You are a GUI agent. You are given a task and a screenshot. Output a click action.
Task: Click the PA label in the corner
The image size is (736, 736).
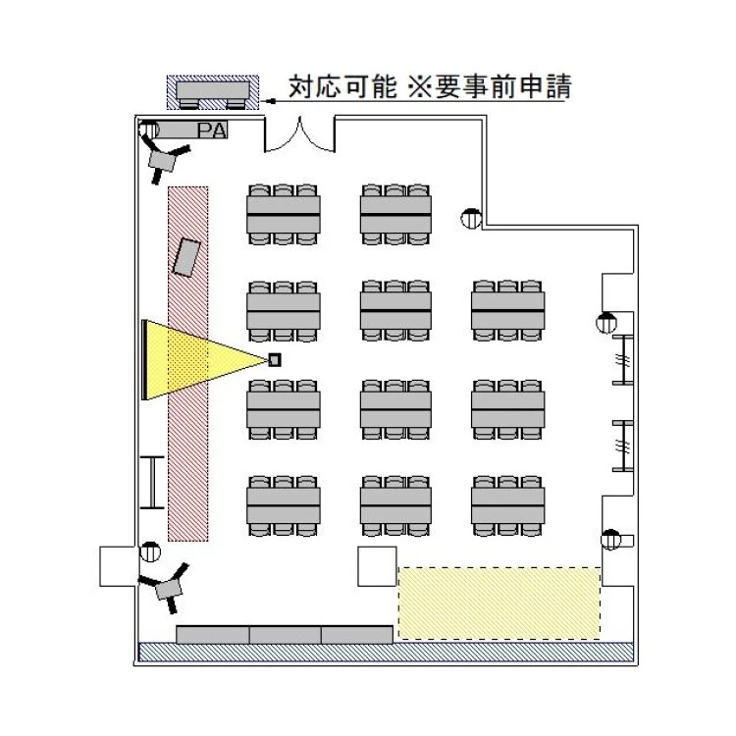212,131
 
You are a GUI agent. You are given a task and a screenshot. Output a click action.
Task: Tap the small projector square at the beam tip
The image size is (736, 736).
275,360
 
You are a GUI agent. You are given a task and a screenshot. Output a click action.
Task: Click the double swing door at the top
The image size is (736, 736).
300,134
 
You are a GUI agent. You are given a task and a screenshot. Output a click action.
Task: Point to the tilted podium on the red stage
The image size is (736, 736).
186,257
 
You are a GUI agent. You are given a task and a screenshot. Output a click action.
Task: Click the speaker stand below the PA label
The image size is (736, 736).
163,159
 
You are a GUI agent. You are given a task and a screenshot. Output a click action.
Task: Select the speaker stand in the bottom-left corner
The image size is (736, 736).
165,588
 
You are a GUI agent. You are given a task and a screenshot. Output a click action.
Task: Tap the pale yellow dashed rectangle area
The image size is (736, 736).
499,603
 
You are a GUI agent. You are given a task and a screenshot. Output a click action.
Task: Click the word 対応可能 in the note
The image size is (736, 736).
342,86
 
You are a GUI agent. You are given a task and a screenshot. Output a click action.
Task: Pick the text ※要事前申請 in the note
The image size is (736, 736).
490,86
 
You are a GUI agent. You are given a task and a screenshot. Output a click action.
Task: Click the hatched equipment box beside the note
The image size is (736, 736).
213,92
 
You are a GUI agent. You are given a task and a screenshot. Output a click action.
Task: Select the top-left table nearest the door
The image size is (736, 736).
284,215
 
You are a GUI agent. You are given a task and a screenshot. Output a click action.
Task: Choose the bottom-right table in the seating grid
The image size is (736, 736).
508,505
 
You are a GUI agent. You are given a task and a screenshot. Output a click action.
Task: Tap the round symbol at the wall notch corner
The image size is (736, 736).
471,218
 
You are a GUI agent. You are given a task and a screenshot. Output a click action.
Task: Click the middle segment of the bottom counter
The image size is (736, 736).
285,635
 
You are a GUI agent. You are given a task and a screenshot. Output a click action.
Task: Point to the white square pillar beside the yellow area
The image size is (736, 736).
378,566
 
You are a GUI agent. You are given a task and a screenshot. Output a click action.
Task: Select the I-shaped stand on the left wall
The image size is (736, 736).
152,482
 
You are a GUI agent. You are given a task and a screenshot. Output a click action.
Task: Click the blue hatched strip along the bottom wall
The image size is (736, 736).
387,652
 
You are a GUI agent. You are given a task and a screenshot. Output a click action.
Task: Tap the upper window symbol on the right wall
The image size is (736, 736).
623,360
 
